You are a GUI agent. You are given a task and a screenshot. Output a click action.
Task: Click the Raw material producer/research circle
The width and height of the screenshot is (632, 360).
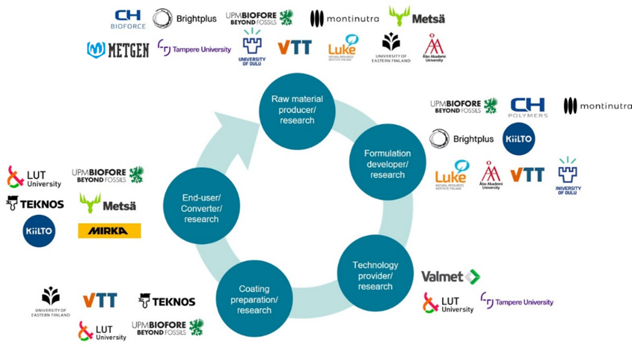[x=296, y=110]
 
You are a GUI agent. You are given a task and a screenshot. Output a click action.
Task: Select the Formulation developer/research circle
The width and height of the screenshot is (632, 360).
[x=387, y=164]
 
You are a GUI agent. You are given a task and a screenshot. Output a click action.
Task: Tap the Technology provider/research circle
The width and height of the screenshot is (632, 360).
[x=375, y=275]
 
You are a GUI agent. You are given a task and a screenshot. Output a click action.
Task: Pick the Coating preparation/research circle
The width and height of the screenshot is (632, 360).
[x=254, y=299]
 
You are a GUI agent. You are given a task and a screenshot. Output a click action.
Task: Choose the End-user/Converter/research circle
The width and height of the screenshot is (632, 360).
[x=201, y=207]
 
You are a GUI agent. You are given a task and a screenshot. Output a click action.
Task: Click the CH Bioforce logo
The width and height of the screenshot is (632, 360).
[x=128, y=19]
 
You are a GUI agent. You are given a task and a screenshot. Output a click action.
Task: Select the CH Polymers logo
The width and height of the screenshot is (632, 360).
[x=528, y=106]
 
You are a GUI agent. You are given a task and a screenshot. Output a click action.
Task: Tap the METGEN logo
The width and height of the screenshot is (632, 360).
[x=118, y=49]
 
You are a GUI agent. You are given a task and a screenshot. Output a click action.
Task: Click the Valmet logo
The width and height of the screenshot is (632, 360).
[x=451, y=277]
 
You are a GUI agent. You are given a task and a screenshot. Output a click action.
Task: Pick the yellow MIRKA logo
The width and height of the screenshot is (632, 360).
[x=109, y=231]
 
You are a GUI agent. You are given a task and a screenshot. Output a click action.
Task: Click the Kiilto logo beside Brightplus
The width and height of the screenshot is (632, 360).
[x=519, y=139]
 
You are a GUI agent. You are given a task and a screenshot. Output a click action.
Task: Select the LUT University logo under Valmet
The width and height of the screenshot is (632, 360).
[x=448, y=303]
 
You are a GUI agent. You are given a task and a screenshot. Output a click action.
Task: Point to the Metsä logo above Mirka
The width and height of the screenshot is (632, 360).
[x=108, y=203]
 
